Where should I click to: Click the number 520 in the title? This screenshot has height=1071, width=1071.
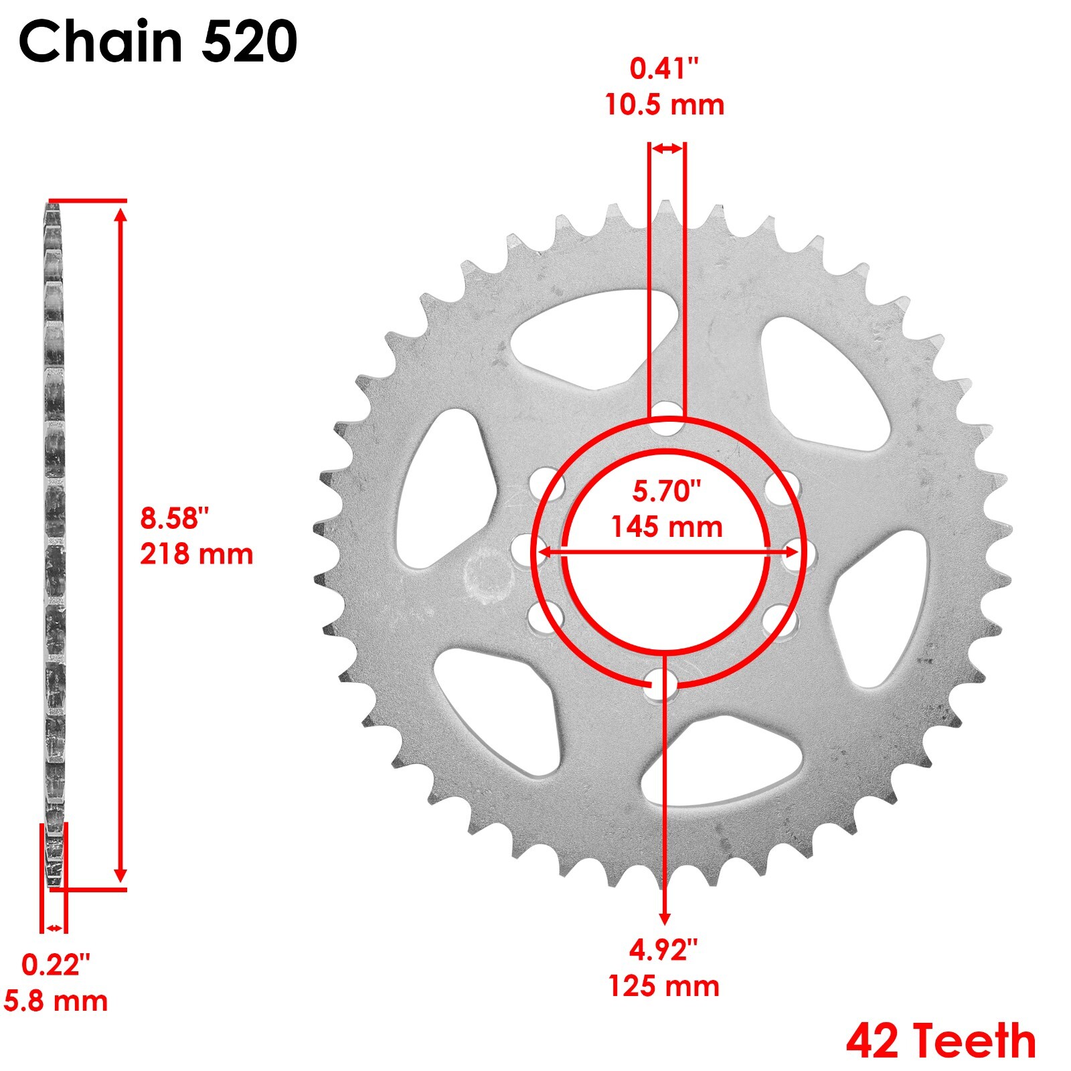(249, 42)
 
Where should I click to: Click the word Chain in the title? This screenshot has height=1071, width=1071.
(100, 42)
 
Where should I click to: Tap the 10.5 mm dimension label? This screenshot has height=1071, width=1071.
(664, 105)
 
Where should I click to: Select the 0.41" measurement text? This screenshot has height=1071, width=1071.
(664, 69)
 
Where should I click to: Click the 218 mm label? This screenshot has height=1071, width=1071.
(196, 554)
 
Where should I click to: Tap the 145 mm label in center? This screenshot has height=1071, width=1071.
(667, 527)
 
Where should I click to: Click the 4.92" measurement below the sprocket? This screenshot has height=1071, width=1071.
(663, 950)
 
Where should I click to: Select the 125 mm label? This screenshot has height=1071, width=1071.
(663, 987)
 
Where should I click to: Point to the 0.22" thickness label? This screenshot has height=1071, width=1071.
(56, 965)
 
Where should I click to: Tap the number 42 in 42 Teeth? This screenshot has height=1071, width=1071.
(872, 1040)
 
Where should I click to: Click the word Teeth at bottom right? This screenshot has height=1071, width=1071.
(975, 1040)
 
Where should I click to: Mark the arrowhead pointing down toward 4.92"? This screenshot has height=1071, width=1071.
(664, 918)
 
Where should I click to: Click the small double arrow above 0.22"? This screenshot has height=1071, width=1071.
(54, 928)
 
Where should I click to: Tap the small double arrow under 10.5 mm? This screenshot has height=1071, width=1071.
(667, 149)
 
